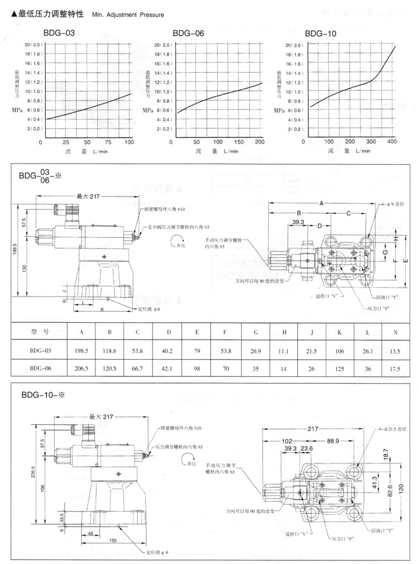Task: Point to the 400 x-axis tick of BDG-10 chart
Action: coord(391,142)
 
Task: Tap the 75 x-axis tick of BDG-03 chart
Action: coord(108,142)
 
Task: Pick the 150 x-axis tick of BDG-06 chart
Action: coord(239,142)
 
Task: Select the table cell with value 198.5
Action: coord(82,350)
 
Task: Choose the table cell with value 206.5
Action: coord(82,368)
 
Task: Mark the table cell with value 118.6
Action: coord(110,350)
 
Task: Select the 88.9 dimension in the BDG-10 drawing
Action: coord(334,441)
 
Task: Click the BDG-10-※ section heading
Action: coord(43,394)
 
